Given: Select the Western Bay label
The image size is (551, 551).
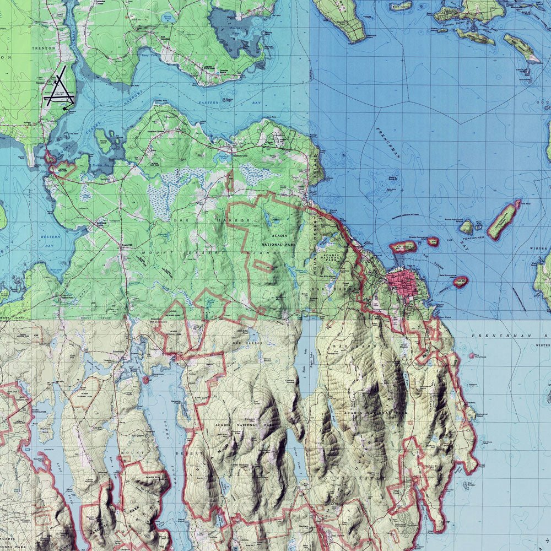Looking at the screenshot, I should click(51, 237).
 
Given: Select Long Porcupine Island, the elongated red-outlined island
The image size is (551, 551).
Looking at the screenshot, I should click(503, 220).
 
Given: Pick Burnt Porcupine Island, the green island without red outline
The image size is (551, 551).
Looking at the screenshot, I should click(467, 226).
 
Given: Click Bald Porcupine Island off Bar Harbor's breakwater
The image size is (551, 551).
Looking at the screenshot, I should click(460, 282).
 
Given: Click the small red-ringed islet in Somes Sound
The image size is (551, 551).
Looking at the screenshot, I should click(145, 380).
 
